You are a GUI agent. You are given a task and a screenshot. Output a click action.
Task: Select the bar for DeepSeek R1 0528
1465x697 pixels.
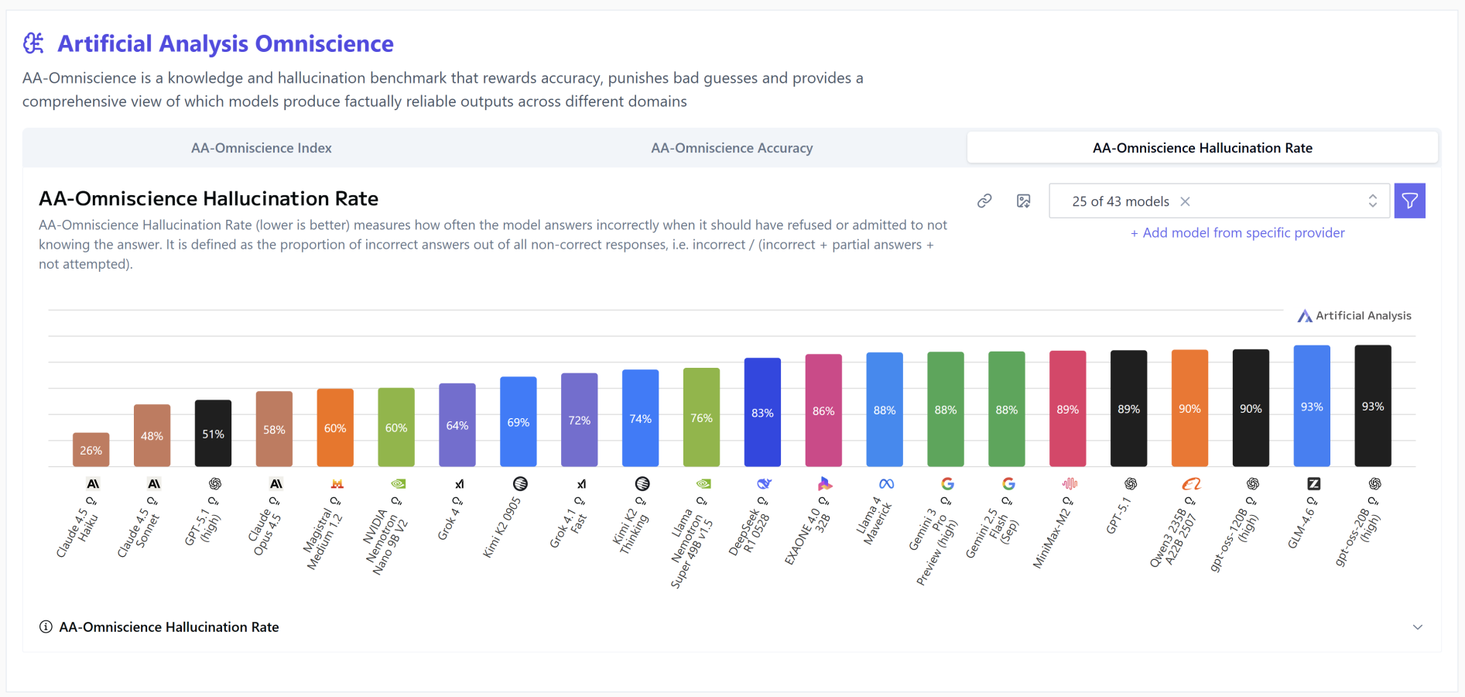click(x=762, y=412)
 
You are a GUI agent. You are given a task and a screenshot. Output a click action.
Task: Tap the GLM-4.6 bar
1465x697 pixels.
click(x=1312, y=406)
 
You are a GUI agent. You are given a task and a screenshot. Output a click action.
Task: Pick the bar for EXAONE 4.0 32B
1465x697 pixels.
click(x=823, y=410)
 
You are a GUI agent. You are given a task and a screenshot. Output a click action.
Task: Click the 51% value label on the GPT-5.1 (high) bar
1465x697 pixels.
click(x=213, y=434)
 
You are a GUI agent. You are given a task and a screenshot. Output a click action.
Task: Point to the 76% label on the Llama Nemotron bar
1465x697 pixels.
click(x=701, y=418)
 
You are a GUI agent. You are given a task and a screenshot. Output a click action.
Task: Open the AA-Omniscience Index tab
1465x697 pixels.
click(x=261, y=148)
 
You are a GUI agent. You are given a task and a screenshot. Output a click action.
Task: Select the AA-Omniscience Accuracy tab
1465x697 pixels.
click(x=731, y=148)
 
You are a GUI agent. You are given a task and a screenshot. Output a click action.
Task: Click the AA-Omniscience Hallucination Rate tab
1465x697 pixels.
click(x=1202, y=148)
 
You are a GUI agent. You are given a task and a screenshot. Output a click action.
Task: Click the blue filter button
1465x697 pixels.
click(x=1409, y=201)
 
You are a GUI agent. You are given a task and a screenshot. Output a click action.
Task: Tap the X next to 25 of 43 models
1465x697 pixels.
click(x=1185, y=201)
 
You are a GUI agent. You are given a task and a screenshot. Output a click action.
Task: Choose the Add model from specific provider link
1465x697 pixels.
click(x=1237, y=233)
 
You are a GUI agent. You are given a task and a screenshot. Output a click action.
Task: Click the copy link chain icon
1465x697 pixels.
click(x=984, y=201)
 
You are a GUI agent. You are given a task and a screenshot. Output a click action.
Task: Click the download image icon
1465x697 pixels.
click(x=1023, y=201)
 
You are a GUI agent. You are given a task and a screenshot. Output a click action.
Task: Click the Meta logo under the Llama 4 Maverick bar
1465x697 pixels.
click(x=886, y=484)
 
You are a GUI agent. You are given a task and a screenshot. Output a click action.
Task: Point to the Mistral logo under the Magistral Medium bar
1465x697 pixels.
click(x=337, y=484)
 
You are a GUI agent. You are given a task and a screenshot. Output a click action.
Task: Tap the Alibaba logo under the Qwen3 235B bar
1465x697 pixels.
click(x=1191, y=484)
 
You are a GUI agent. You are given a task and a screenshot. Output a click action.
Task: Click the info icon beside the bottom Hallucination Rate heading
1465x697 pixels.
click(x=46, y=627)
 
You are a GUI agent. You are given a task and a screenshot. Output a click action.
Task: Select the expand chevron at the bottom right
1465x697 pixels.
click(x=1417, y=627)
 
